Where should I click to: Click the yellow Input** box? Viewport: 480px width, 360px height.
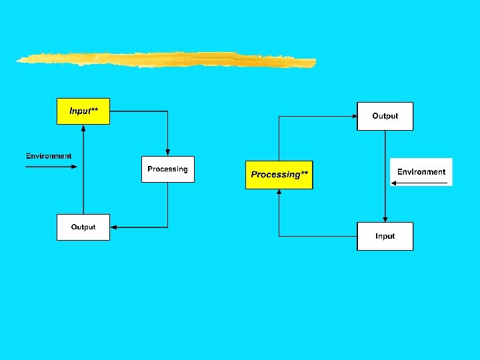(x=83, y=111)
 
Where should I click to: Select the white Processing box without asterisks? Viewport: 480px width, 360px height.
(x=167, y=169)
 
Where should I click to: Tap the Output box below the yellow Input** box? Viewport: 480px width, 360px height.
(x=83, y=227)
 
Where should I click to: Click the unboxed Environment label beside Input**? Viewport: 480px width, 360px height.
(x=49, y=156)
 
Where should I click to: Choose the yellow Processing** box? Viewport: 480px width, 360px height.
(x=279, y=175)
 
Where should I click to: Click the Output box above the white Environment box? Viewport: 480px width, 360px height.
(x=385, y=116)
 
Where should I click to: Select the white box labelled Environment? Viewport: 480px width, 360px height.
(x=421, y=172)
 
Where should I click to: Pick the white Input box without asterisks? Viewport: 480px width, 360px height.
(x=385, y=236)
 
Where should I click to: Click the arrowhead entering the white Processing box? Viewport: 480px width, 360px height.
(x=167, y=153)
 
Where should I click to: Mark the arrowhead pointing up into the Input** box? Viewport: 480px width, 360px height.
(x=83, y=127)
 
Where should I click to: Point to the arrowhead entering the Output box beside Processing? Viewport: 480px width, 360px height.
(x=113, y=227)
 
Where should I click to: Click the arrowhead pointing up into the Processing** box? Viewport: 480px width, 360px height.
(x=279, y=193)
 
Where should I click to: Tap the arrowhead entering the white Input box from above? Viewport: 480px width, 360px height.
(x=385, y=219)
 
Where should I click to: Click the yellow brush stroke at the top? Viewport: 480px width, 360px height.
(x=167, y=60)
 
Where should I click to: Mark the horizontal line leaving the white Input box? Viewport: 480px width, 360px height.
(x=318, y=236)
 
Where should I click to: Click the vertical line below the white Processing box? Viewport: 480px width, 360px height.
(x=167, y=205)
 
